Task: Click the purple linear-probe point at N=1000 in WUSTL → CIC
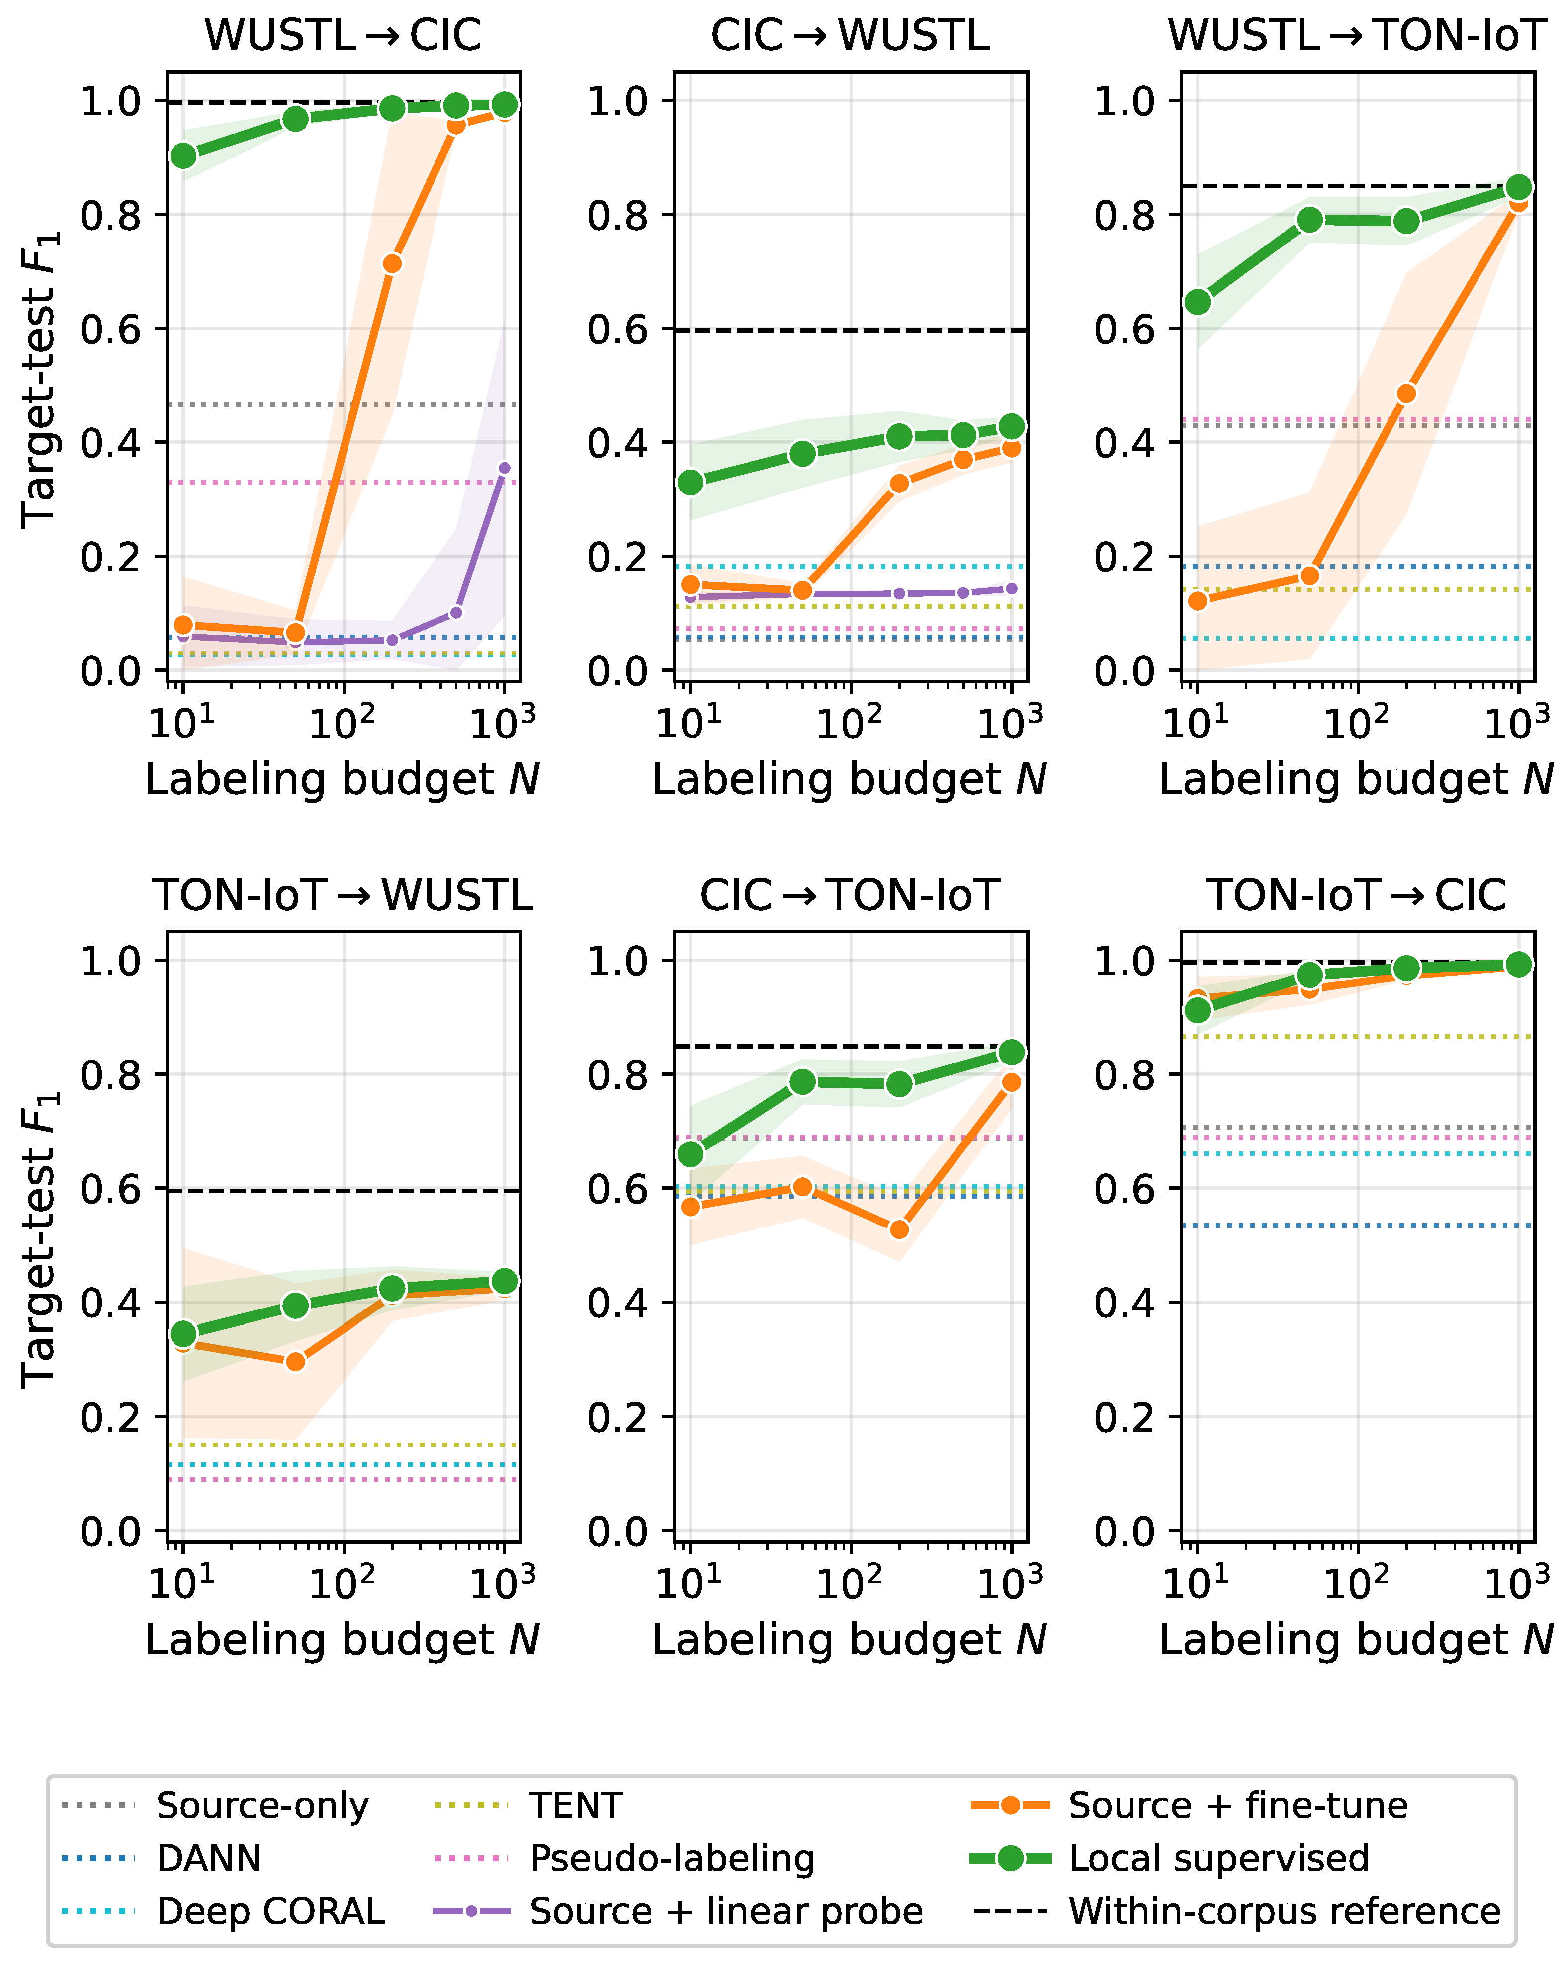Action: click(x=505, y=468)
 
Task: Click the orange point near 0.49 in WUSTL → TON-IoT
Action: click(x=1406, y=393)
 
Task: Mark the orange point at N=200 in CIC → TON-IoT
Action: click(x=899, y=1229)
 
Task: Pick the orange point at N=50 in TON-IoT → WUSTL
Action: click(x=295, y=1361)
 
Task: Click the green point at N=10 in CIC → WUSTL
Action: click(x=691, y=483)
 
